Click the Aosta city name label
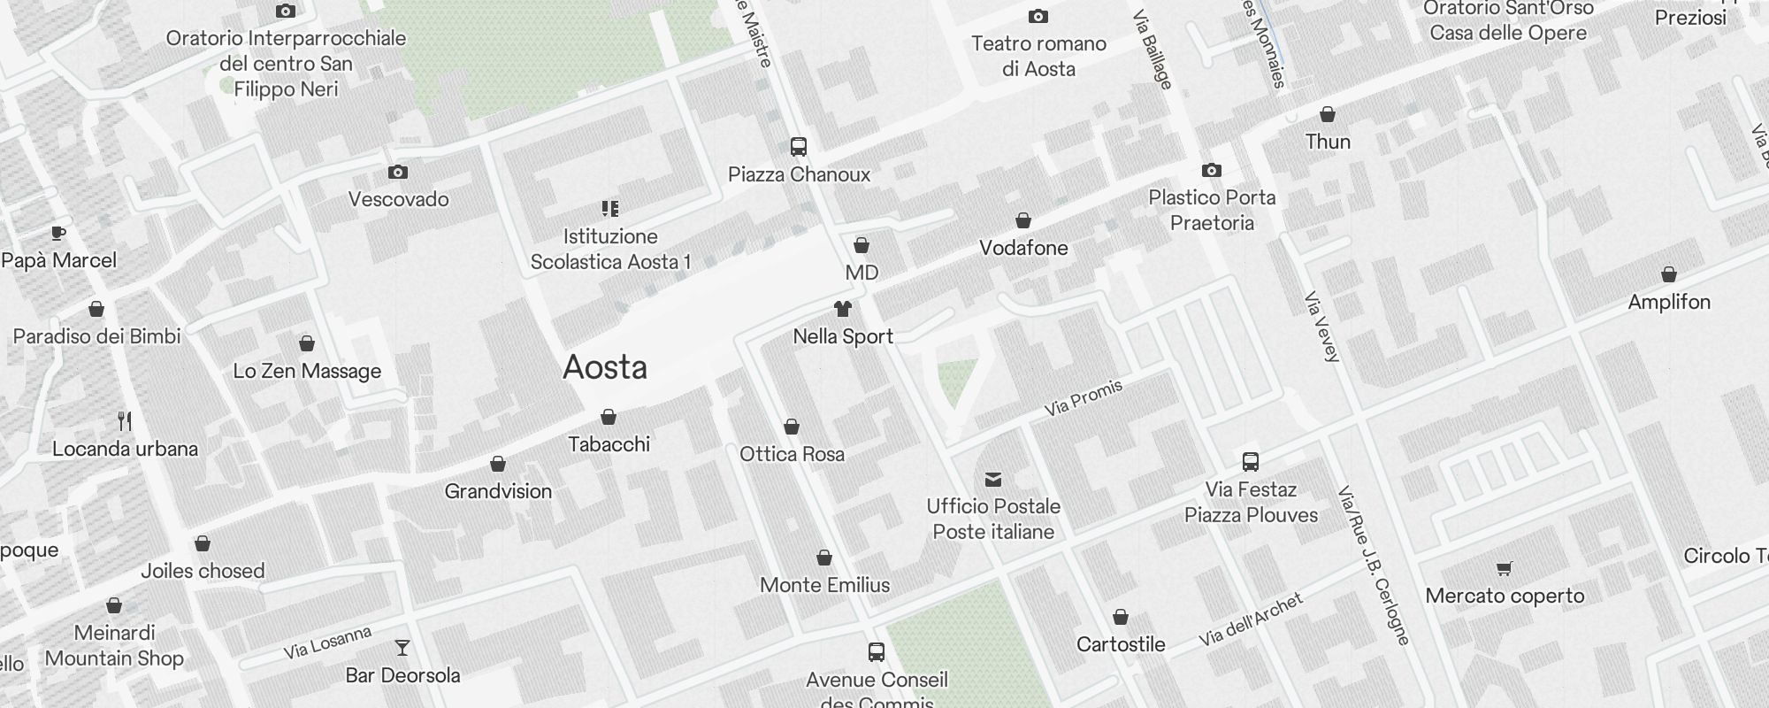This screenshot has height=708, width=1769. (x=605, y=367)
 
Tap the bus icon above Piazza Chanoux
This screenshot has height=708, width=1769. (x=799, y=147)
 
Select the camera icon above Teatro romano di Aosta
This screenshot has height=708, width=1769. (x=1038, y=16)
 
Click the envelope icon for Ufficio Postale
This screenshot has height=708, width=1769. (x=993, y=480)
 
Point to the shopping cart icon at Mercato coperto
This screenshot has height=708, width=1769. (x=1504, y=568)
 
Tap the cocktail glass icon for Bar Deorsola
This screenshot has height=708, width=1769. (x=402, y=648)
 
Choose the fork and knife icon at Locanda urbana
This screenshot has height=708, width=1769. (x=125, y=420)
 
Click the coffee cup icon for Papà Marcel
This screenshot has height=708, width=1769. (x=58, y=233)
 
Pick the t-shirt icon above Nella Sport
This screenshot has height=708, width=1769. (x=843, y=309)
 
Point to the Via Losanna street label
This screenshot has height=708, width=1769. (x=327, y=643)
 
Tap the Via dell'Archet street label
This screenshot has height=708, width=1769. (x=1251, y=619)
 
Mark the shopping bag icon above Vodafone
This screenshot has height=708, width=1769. (x=1023, y=219)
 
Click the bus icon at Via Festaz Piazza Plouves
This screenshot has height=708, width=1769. (x=1251, y=461)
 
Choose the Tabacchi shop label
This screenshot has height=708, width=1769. (x=609, y=444)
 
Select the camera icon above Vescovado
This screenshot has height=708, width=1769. (x=398, y=172)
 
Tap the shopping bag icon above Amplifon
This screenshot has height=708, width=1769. (x=1669, y=274)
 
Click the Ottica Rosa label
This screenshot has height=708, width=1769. (x=792, y=454)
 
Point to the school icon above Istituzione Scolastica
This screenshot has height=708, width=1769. (x=610, y=209)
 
